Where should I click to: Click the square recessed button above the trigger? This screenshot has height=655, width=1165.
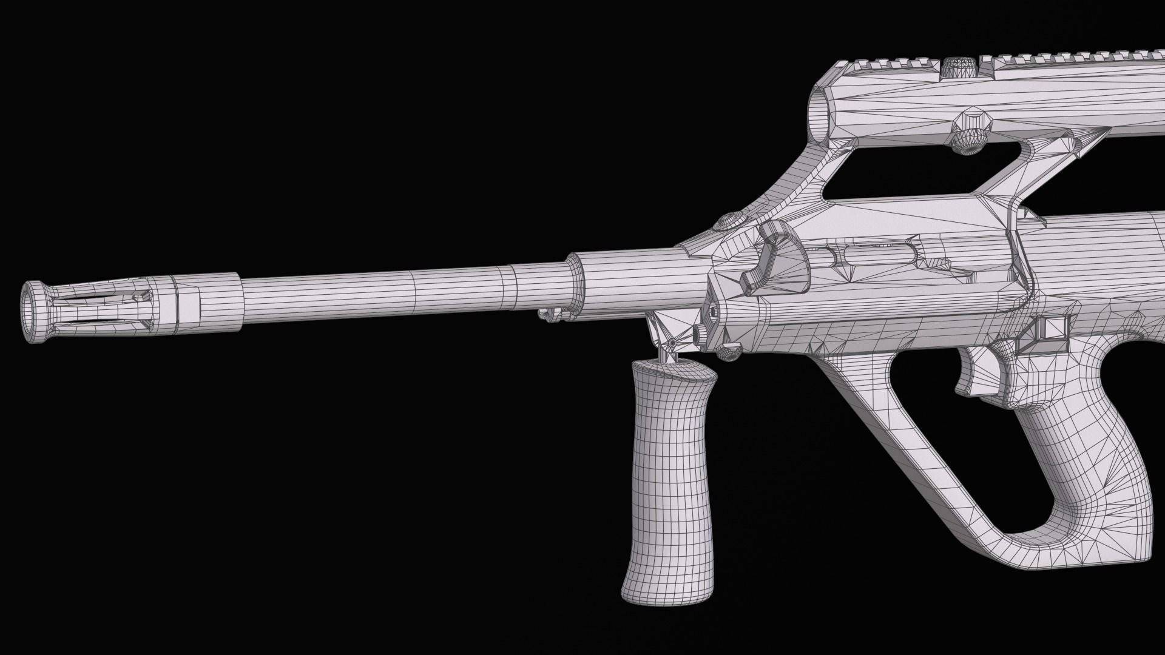(x=1053, y=328)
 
